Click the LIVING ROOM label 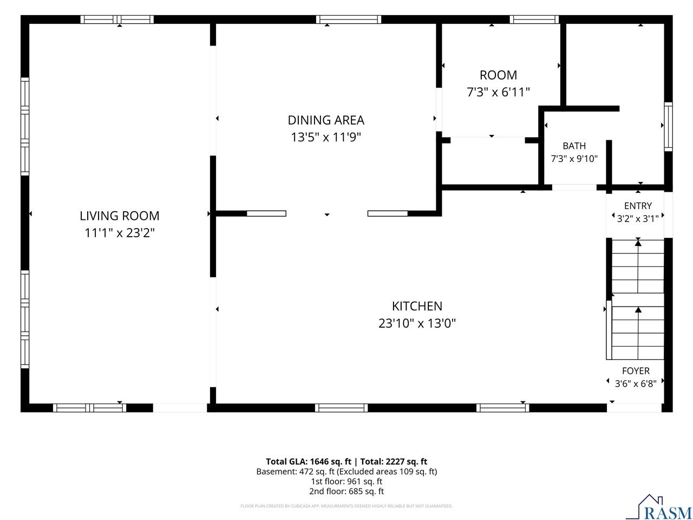[119, 216]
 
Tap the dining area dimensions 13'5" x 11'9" [325, 138]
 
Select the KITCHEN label [417, 306]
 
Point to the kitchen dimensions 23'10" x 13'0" [417, 323]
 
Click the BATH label [574, 146]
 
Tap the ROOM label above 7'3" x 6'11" [498, 75]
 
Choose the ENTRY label [638, 206]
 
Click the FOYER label [636, 370]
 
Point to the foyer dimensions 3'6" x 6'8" [636, 383]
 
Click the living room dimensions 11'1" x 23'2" [119, 233]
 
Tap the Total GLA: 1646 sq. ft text [309, 461]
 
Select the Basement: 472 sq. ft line [295, 472]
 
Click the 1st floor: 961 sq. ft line [346, 482]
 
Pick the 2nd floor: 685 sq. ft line [346, 491]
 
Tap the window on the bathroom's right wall [668, 126]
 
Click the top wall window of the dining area [349, 19]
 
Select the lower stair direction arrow [638, 333]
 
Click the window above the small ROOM [534, 19]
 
